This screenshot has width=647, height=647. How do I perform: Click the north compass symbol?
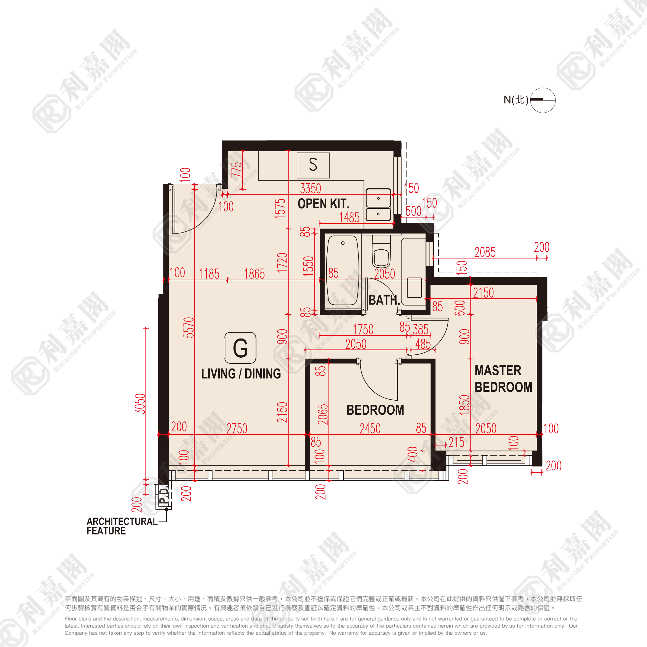pos(543,100)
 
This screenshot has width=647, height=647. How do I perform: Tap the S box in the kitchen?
pos(313,165)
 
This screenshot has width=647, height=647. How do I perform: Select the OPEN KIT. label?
pos(323,204)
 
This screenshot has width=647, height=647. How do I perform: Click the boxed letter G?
pos(240,348)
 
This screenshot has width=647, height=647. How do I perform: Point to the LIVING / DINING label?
pos(241,374)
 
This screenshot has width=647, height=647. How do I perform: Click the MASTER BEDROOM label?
pos(503,379)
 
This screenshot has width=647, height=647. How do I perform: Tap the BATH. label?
pos(384,300)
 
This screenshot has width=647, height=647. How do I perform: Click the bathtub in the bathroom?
pos(342,270)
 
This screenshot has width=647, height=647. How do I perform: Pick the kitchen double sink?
pos(378,205)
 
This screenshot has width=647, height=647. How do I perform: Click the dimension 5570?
pos(189,328)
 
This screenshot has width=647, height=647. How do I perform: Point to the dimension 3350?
pos(311,189)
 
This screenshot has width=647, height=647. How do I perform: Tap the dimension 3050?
pos(140,403)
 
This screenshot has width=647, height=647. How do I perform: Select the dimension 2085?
pos(485,252)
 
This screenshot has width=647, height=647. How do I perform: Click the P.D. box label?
pos(164,496)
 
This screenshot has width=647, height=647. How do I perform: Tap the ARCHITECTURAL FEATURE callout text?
pos(121,526)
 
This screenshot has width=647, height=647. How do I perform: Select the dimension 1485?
pos(349,218)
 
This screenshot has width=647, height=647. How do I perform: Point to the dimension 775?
pos(236,169)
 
